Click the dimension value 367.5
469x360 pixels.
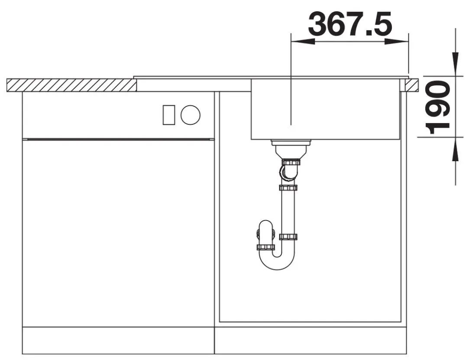coord(350,23)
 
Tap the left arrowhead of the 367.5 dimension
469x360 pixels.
coord(303,42)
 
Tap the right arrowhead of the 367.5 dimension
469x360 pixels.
coord(397,42)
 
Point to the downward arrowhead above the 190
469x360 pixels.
coord(455,64)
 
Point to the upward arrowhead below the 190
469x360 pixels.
coord(455,149)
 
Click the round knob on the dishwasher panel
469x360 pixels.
coord(191,115)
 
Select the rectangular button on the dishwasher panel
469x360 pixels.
coord(169,115)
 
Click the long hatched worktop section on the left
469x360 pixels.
coord(72,85)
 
